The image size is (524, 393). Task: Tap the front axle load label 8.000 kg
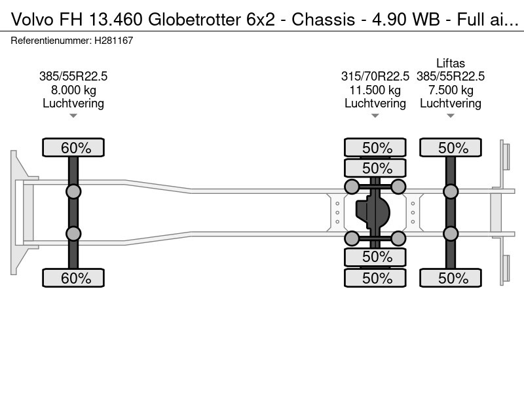pyautogui.click(x=73, y=90)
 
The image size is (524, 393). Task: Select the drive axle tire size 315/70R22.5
pyautogui.click(x=375, y=76)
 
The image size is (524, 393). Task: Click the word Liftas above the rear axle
pyautogui.click(x=450, y=64)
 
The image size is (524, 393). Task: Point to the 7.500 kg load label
pyautogui.click(x=451, y=90)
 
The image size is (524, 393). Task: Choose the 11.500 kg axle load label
pyautogui.click(x=375, y=90)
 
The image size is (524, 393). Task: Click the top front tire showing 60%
pyautogui.click(x=76, y=148)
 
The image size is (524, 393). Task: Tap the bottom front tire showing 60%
pyautogui.click(x=76, y=278)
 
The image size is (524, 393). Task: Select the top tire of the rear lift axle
pyautogui.click(x=451, y=148)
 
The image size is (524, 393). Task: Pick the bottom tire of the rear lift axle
pyautogui.click(x=451, y=278)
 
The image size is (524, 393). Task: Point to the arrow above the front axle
pyautogui.click(x=73, y=116)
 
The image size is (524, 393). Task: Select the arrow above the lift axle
pyautogui.click(x=451, y=116)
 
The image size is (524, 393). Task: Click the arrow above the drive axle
pyautogui.click(x=375, y=116)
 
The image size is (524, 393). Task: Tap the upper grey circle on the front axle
pyautogui.click(x=73, y=191)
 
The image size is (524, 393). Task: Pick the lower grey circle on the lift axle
pyautogui.click(x=451, y=234)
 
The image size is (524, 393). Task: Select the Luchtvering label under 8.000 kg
pyautogui.click(x=73, y=103)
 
